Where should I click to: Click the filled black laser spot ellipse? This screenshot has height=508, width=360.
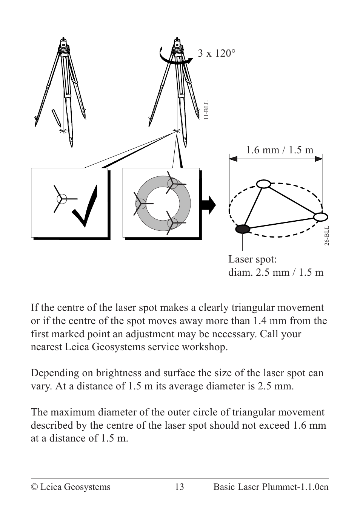click(x=243, y=229)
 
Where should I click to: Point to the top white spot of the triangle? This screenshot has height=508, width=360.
click(x=264, y=184)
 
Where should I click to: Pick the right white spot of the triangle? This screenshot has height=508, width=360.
click(x=320, y=217)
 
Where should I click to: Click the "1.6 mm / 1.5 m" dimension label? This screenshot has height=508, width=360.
click(x=280, y=150)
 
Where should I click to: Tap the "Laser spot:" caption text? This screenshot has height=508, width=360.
click(x=252, y=259)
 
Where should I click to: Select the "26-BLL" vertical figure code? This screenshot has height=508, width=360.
click(x=327, y=236)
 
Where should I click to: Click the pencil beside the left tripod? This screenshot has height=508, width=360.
click(x=56, y=117)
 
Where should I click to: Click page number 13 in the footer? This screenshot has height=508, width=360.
click(x=180, y=487)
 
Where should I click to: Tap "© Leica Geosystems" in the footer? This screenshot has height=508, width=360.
click(x=71, y=487)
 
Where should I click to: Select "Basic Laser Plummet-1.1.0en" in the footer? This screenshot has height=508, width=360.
click(x=271, y=487)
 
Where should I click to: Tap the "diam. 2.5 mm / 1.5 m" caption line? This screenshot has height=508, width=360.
click(x=275, y=272)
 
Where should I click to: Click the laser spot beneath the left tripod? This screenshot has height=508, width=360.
click(x=62, y=131)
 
